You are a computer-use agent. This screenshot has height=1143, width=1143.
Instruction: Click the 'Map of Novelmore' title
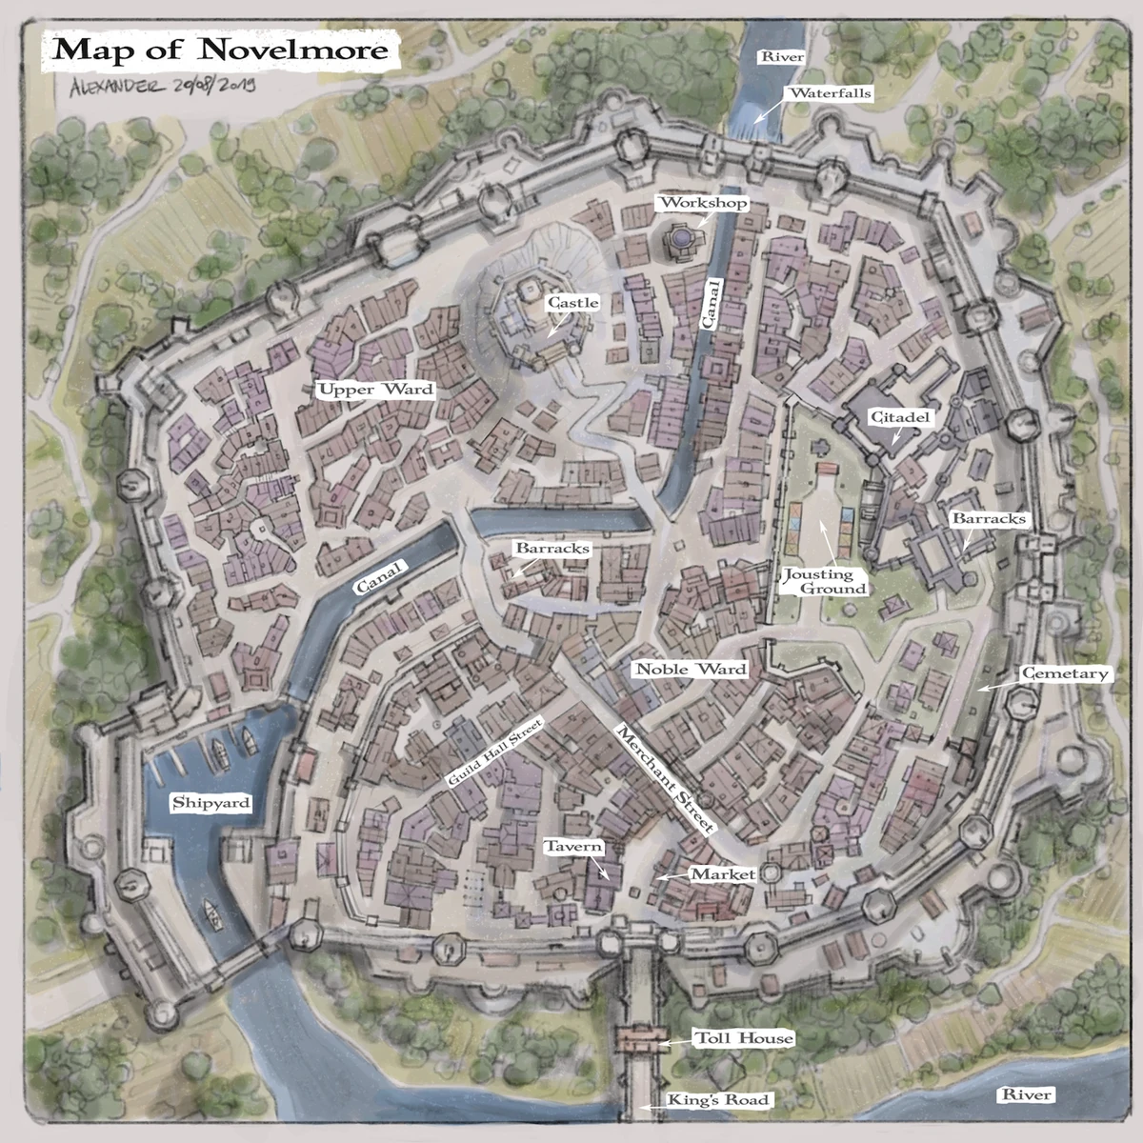point(221,50)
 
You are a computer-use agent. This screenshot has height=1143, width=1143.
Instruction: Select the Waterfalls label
point(830,93)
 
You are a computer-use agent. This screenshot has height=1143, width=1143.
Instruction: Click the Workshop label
point(703,203)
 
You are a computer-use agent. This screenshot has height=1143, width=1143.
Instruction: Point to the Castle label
point(572,302)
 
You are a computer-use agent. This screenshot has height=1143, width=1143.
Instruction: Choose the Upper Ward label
point(375,389)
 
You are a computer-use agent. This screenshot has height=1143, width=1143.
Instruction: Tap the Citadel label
point(899,417)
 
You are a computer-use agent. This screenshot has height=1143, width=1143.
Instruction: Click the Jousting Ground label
point(826,581)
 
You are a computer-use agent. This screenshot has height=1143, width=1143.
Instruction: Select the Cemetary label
point(1065,673)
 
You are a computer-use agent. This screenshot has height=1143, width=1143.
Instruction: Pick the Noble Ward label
point(691,669)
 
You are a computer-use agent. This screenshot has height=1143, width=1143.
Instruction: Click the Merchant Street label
point(664,780)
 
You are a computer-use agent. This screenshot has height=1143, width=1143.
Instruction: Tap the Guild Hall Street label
point(494,752)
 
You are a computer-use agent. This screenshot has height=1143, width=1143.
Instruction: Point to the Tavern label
point(573,847)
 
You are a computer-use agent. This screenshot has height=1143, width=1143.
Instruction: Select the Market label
point(722,873)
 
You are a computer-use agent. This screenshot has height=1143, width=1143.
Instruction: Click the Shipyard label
point(211,802)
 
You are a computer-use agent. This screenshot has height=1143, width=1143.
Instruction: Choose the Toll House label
point(743,1038)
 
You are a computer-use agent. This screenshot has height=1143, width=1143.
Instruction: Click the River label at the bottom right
point(1025,1094)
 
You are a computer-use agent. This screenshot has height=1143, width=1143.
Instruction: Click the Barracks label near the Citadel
point(989,518)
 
